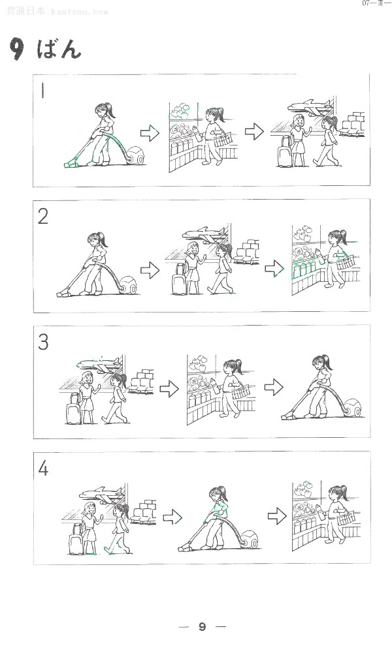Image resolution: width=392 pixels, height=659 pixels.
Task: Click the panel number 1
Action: (x=42, y=90)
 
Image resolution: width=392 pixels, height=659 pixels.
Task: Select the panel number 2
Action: (x=43, y=217)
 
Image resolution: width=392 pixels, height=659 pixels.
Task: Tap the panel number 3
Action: (x=43, y=342)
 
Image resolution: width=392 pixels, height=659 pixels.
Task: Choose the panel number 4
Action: (x=43, y=468)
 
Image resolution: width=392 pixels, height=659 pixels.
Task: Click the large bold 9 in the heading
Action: (x=16, y=49)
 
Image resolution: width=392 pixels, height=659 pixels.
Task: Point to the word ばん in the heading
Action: (x=59, y=49)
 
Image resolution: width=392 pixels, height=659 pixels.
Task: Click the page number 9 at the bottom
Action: (x=202, y=626)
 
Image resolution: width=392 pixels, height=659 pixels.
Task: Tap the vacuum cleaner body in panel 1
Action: (x=136, y=155)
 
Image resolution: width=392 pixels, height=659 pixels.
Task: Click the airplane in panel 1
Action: (x=310, y=107)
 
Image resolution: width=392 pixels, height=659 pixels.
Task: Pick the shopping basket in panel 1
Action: (x=223, y=139)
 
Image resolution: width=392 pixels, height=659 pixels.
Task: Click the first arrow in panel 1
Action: (x=150, y=134)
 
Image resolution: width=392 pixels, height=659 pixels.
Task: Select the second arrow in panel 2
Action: (x=274, y=268)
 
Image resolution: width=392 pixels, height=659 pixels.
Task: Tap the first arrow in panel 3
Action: (x=169, y=389)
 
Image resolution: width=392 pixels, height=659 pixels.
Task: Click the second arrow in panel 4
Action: (x=277, y=515)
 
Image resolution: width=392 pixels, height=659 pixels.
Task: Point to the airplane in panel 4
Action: (x=101, y=494)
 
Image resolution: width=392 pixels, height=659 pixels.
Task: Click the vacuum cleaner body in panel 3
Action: (x=353, y=408)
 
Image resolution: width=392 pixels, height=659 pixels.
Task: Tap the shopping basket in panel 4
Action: (x=346, y=518)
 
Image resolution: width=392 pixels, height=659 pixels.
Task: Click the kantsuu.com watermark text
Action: (x=79, y=11)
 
